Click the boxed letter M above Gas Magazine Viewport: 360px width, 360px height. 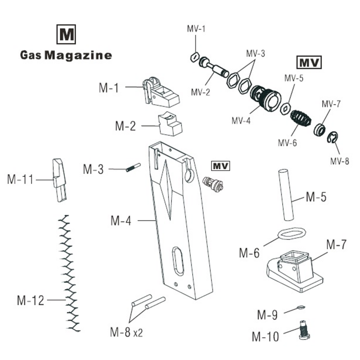[66, 34]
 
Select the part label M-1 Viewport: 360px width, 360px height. [108, 88]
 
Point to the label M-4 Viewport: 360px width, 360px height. [121, 221]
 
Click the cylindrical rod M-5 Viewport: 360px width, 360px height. [287, 194]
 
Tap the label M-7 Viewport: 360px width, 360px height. [336, 245]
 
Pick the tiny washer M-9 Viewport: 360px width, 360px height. [301, 308]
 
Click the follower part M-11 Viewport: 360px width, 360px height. [59, 180]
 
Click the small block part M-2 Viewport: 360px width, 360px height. [171, 123]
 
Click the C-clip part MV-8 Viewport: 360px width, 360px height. [333, 138]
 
